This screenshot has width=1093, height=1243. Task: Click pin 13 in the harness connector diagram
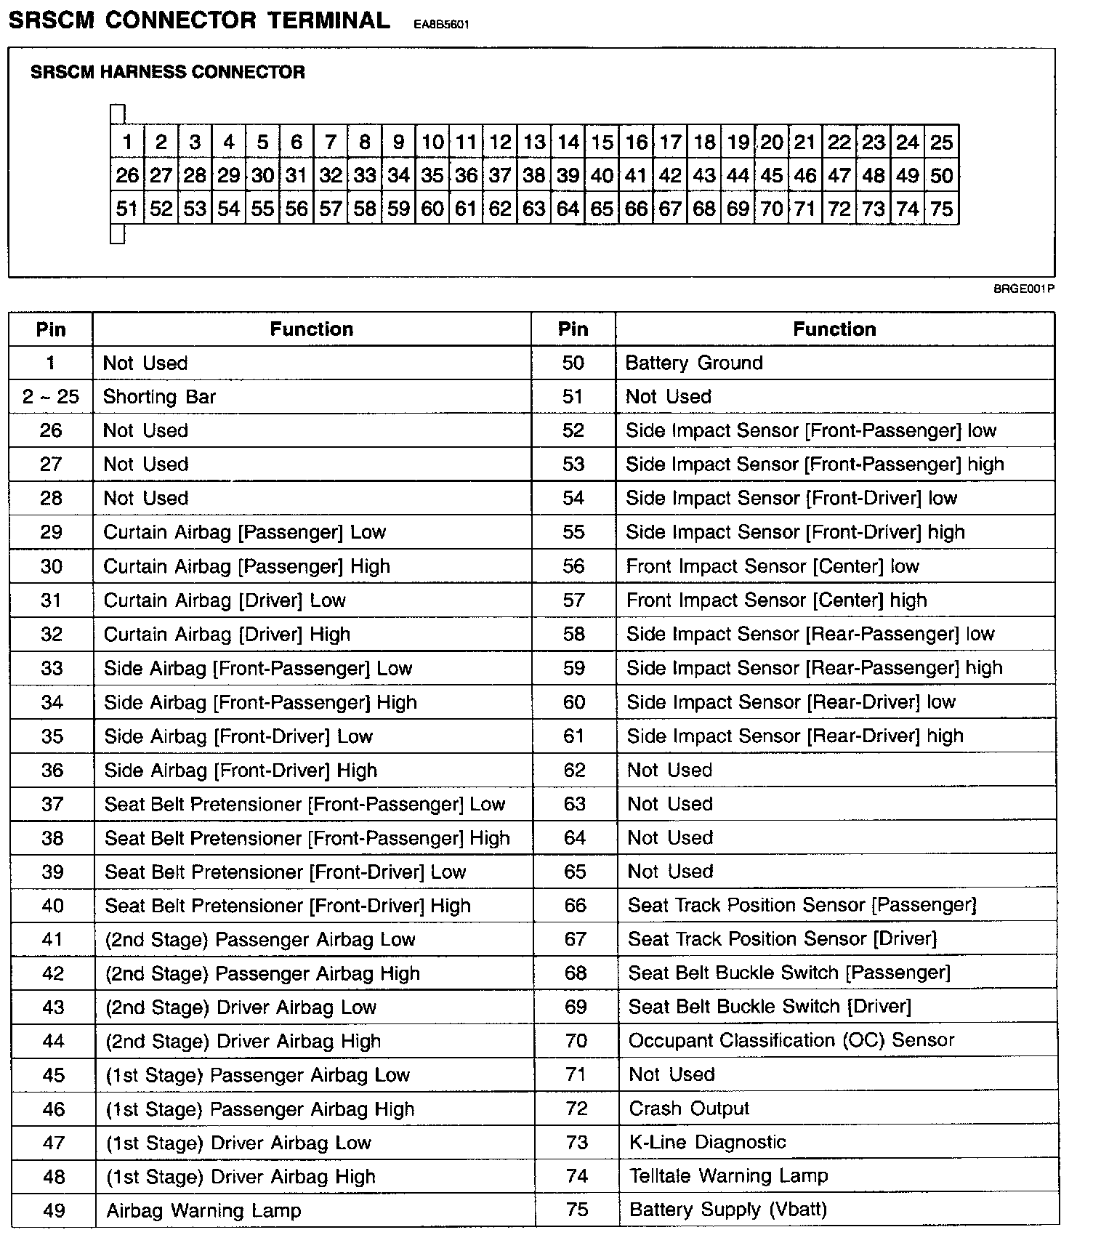click(534, 142)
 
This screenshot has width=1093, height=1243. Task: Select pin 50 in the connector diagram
click(941, 176)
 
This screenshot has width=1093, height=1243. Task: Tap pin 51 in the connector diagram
click(126, 209)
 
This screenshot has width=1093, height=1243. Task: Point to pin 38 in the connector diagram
click(534, 176)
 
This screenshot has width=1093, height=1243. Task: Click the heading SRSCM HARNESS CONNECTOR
click(168, 72)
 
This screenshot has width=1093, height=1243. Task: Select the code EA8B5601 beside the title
click(441, 25)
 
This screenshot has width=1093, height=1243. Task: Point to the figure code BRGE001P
click(1023, 289)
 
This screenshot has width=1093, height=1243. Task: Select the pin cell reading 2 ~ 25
click(51, 397)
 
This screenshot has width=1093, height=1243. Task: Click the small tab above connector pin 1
click(118, 114)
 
